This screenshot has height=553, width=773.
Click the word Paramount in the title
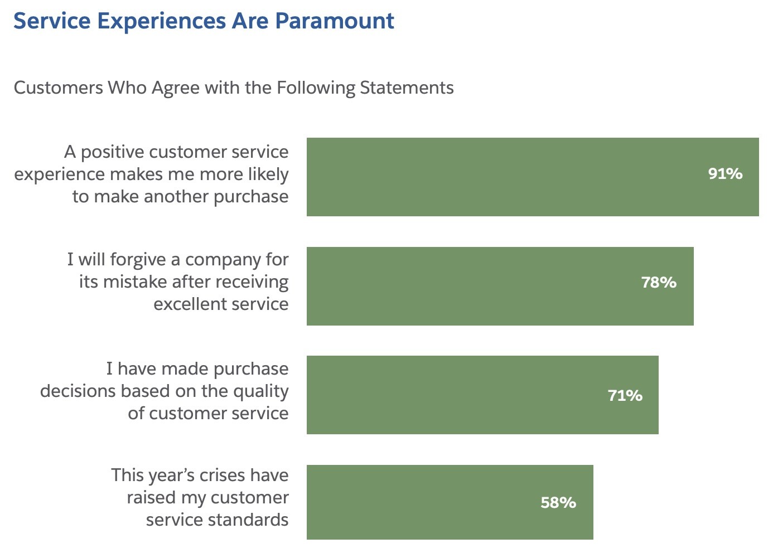pos(335,21)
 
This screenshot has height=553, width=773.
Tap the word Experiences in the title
pos(161,21)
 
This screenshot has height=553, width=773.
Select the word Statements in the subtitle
pos(407,88)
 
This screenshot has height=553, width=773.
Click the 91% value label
pos(725,174)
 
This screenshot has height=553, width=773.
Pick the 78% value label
pos(659,283)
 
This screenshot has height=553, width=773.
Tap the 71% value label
pos(625,396)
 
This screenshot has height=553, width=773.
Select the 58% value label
pos(558,503)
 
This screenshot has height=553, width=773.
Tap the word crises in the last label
pos(222,476)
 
